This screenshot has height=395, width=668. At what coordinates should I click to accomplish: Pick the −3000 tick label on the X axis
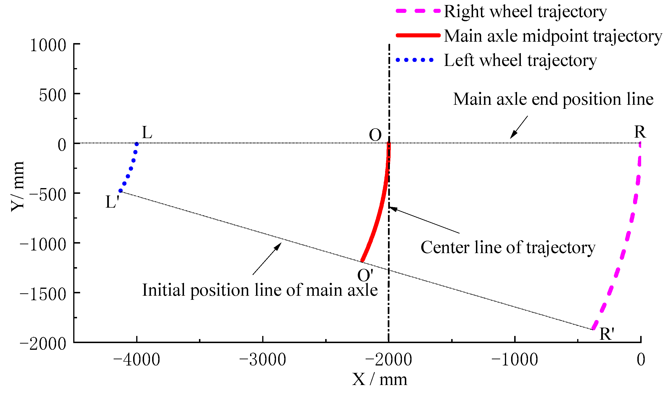[x=262, y=360]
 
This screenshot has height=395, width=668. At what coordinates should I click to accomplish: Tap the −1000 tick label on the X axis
[x=514, y=360]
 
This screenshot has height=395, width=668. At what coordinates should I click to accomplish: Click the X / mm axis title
[x=379, y=380]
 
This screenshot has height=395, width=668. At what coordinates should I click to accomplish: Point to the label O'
[x=365, y=275]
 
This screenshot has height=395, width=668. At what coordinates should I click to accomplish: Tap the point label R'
[x=607, y=334]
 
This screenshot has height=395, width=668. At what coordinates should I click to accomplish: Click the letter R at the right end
[x=640, y=132]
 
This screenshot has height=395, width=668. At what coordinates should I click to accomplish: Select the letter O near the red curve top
[x=375, y=135]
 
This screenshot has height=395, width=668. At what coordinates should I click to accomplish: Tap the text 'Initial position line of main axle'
[x=260, y=290]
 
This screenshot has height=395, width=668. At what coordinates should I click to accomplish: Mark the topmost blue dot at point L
[x=137, y=144]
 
